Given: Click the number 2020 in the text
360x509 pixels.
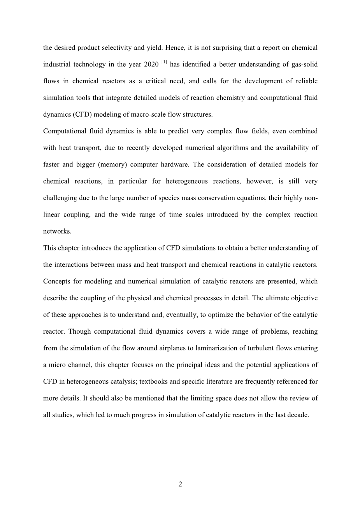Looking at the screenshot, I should [x=151, y=65].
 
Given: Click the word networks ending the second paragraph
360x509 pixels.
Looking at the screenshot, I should [x=57, y=231].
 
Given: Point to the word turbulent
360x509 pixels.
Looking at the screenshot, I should [x=260, y=348].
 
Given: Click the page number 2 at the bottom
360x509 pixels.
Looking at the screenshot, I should [x=180, y=485].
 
